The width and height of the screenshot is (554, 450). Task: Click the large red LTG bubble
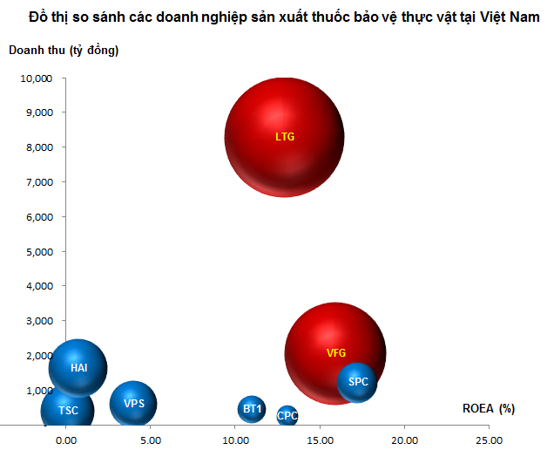click(x=285, y=137)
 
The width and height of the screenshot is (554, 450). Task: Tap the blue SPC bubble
click(x=357, y=383)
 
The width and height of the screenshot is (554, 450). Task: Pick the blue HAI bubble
click(x=78, y=368)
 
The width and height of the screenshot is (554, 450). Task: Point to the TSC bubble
click(x=67, y=411)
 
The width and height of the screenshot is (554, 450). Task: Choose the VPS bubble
click(x=133, y=403)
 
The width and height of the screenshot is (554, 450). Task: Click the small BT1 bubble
click(x=252, y=409)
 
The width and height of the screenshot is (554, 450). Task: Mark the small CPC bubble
click(x=287, y=415)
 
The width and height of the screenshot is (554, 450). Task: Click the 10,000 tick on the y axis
click(x=37, y=78)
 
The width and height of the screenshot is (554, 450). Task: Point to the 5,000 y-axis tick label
click(x=39, y=252)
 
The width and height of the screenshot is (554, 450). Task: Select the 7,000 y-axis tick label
click(x=39, y=182)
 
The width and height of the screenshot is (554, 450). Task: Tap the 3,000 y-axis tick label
click(x=39, y=321)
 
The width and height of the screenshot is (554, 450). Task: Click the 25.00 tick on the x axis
click(x=489, y=440)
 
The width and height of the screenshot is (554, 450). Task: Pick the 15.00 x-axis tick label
click(x=320, y=440)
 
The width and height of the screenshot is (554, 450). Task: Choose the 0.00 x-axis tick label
click(x=66, y=440)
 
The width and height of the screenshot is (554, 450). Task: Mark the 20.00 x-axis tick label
click(x=404, y=440)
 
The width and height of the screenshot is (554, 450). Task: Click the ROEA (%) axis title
click(x=489, y=409)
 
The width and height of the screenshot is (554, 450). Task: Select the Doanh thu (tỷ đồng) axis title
click(x=64, y=51)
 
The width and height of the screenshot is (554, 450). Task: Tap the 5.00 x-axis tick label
click(x=151, y=440)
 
